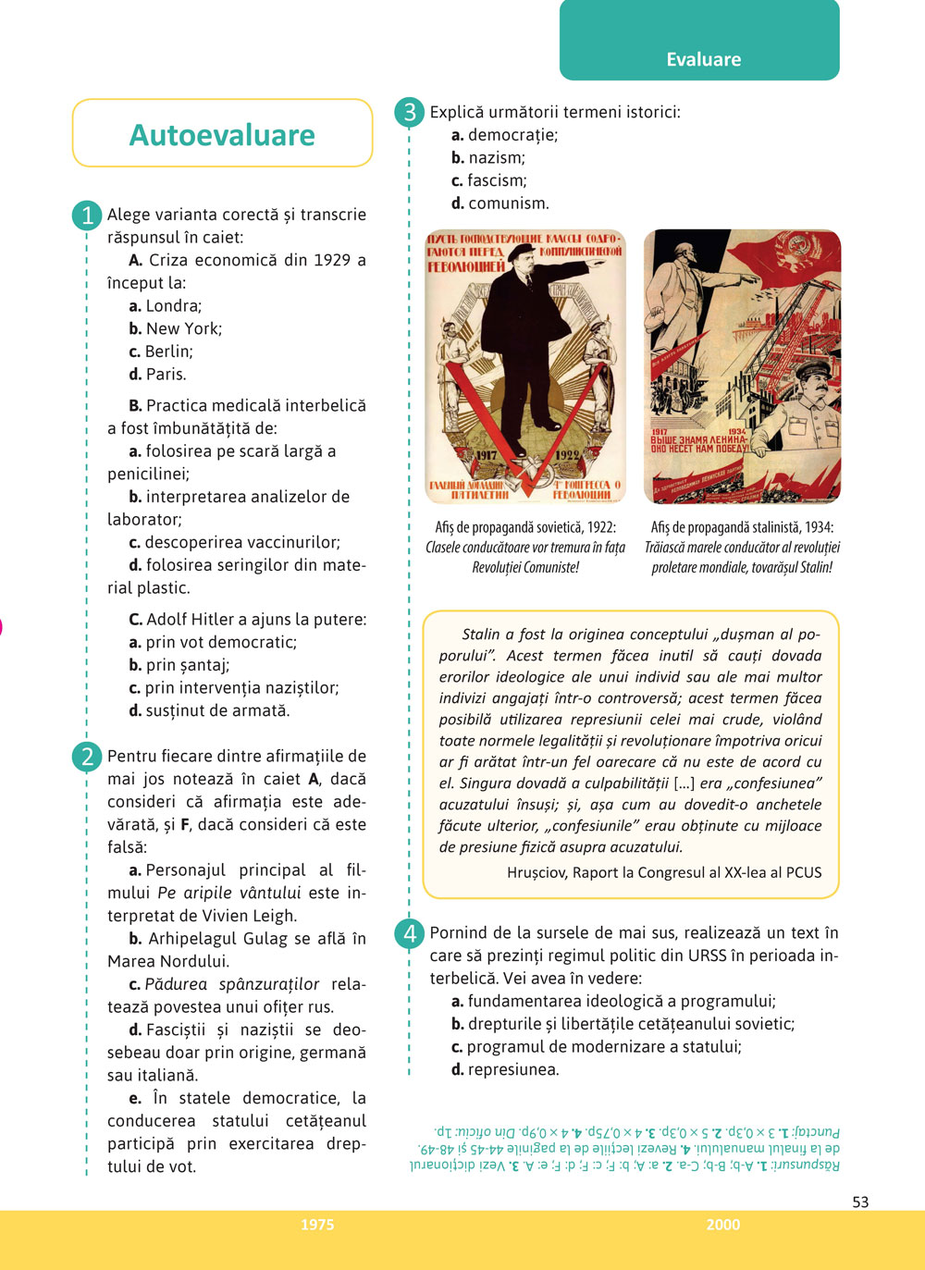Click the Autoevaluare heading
click(222, 135)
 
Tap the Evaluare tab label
click(703, 59)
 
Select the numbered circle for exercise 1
click(87, 216)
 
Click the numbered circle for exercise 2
click(87, 757)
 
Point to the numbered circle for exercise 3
click(409, 113)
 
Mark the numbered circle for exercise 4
click(409, 933)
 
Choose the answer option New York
click(183, 328)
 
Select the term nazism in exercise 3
click(496, 158)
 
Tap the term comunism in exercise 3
click(508, 203)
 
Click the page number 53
click(860, 1202)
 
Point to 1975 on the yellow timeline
click(317, 1225)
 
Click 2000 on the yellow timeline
click(723, 1225)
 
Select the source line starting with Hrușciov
click(663, 872)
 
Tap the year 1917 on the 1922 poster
click(487, 454)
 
